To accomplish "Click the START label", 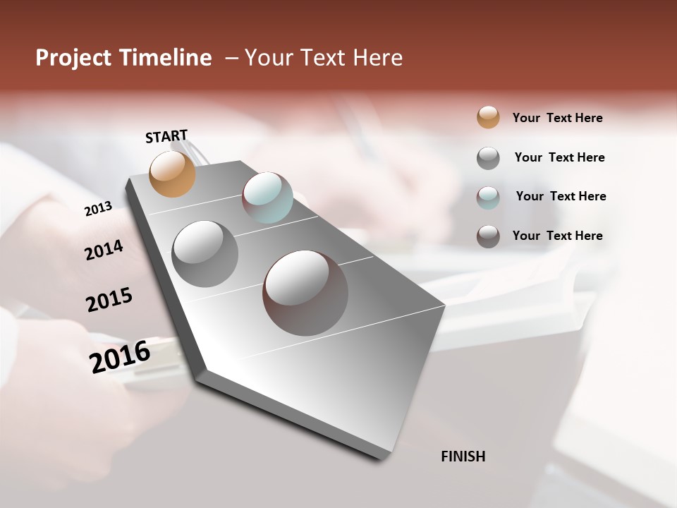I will (166, 136).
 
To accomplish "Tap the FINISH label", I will (463, 456).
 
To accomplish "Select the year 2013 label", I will (98, 209).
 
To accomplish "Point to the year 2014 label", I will (104, 250).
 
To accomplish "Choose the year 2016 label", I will (120, 357).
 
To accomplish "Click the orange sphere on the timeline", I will (173, 174).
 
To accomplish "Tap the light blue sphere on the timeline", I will (267, 198).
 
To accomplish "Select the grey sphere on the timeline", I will (205, 254).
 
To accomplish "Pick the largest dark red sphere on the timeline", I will (305, 293).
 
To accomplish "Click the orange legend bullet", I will (488, 117).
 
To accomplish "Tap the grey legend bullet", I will (488, 157).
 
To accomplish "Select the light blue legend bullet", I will (488, 197).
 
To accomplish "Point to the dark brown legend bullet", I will (488, 236).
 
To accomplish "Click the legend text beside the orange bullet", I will (557, 118).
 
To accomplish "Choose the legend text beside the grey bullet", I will (559, 157).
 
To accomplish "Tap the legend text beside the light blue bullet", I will (561, 196).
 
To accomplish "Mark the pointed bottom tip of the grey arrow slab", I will (382, 459).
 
